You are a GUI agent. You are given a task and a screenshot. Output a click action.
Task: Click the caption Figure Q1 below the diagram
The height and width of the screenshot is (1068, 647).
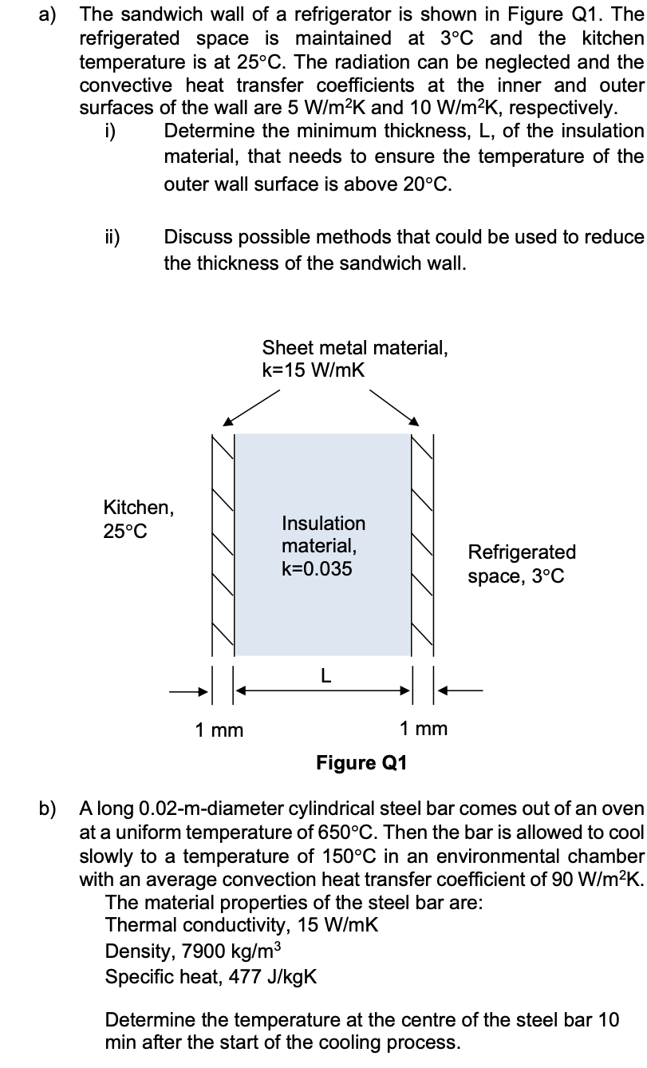361,762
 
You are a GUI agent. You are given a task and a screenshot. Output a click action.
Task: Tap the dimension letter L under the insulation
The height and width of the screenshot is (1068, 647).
324,675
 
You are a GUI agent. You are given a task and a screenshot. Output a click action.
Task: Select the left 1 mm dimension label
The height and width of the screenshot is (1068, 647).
219,729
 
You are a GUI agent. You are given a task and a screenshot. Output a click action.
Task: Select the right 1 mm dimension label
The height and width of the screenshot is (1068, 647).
424,728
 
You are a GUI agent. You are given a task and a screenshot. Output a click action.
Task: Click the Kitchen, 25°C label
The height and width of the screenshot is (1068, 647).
137,519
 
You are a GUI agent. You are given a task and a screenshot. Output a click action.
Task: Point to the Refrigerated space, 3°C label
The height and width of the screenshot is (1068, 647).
521,564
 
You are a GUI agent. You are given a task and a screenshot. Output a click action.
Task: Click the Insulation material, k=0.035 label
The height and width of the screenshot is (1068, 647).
323,546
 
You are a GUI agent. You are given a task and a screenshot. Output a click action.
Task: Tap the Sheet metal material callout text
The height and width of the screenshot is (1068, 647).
354,358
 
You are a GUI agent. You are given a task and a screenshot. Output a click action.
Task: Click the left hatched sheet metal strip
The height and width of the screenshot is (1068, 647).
223,543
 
